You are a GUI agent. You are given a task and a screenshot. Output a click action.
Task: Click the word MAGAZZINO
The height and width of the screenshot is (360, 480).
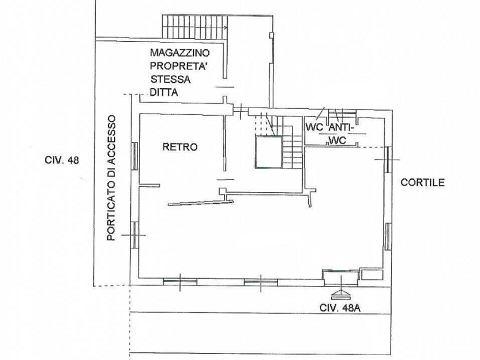point(179,52)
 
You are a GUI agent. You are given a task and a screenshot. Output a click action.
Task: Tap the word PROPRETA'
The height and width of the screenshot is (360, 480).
point(177,66)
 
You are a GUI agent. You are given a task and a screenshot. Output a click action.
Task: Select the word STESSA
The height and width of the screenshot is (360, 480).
point(170,79)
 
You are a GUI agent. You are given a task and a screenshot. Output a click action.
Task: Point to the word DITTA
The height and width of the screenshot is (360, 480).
point(164,92)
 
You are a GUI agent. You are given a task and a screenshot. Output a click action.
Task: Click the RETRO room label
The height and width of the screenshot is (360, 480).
point(180,147)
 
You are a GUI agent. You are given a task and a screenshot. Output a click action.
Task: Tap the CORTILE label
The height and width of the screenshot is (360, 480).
point(422,182)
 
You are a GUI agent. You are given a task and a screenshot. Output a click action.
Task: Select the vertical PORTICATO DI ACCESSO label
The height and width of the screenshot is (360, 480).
point(111,178)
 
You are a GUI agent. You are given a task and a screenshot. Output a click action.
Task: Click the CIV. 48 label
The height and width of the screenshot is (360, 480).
point(61,160)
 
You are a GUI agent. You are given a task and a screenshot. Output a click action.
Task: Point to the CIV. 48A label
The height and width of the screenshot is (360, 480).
point(340,307)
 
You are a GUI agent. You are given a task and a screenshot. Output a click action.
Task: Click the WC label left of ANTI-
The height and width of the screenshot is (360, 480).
point(314,127)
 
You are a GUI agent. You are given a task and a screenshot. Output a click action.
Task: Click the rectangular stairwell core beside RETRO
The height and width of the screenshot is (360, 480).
point(268,152)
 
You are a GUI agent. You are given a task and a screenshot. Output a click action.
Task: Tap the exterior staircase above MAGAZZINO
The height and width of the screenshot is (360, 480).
point(194,27)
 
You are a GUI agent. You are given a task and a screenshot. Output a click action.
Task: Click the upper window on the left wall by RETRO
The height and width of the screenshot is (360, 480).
point(134,156)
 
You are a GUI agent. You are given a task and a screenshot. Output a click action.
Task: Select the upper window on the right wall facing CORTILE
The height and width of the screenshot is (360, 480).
point(388,159)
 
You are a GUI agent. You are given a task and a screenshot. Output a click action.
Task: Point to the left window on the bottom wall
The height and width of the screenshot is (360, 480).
point(179,281)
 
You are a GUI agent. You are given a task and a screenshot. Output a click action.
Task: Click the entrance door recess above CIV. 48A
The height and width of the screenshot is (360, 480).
point(341,277)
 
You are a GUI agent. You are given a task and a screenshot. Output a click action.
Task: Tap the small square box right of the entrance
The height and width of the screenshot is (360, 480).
point(372,274)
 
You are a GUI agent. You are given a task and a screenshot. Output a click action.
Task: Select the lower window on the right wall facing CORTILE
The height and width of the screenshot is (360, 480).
point(388,236)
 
